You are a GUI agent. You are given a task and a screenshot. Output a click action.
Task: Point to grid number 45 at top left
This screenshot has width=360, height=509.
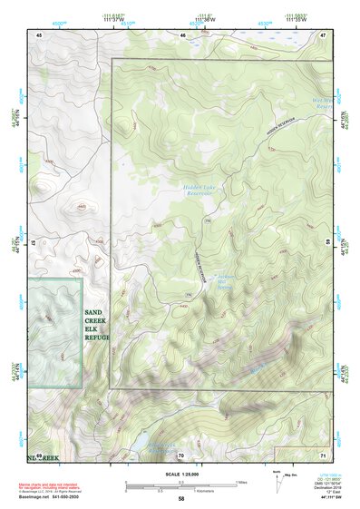point(39,34)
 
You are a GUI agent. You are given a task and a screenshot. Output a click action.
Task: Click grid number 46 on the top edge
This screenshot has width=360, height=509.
point(182,34)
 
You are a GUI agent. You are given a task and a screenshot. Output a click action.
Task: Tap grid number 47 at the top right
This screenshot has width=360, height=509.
point(322,34)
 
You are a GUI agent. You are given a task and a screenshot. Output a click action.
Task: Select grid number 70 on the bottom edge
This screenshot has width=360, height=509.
point(180,455)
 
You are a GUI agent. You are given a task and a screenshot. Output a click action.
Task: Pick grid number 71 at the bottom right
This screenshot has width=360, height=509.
point(322,455)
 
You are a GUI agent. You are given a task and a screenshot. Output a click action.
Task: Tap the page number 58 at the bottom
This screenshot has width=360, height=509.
point(181,498)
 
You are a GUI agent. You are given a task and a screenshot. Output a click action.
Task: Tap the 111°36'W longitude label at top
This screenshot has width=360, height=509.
point(206,19)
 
